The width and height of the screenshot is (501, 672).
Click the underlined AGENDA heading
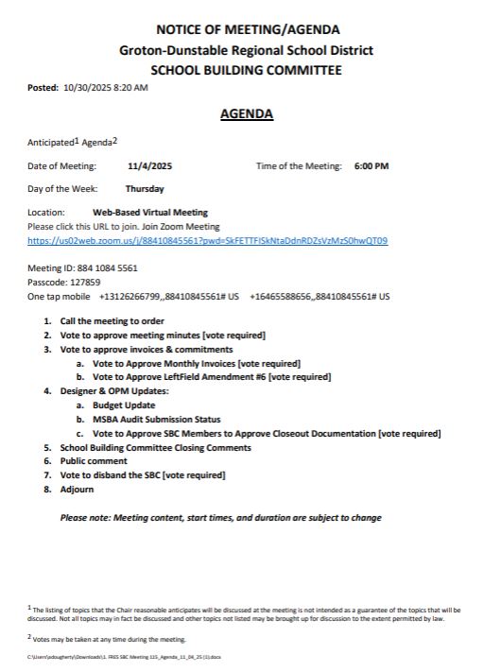click(246, 114)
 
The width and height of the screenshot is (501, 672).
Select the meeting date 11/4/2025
click(149, 166)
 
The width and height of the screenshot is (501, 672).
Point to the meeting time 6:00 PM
click(371, 166)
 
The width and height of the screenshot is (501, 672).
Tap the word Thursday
click(145, 189)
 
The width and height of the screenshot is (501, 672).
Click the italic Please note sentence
click(221, 518)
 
